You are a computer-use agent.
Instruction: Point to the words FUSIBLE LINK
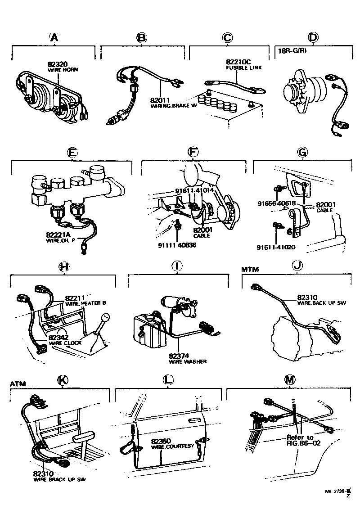[243, 68]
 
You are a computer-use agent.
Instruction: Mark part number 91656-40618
[276, 203]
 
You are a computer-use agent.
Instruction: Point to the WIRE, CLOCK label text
[66, 343]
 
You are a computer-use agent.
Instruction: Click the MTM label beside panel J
[250, 269]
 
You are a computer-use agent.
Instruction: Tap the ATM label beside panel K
[18, 383]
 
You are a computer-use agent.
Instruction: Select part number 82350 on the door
[161, 441]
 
